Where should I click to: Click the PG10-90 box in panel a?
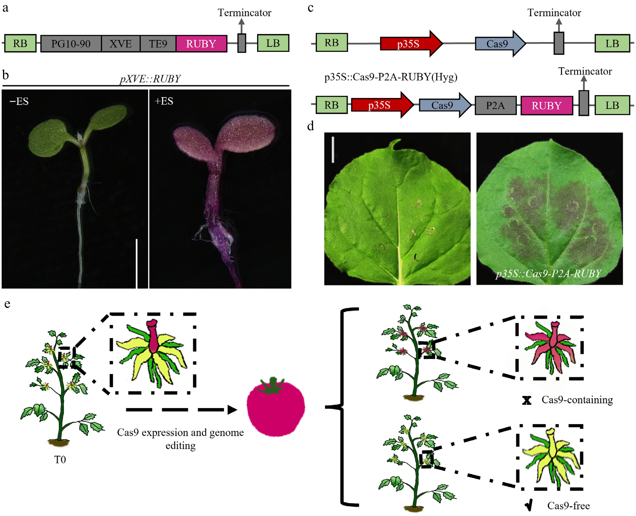click(71, 44)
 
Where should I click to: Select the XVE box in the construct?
click(120, 44)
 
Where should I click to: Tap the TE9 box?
click(158, 44)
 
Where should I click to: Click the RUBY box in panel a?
click(201, 44)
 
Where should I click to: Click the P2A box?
click(495, 105)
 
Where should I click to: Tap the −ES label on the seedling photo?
click(19, 101)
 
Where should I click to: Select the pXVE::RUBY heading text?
click(150, 79)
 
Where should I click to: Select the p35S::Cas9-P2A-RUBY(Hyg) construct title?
click(391, 77)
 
